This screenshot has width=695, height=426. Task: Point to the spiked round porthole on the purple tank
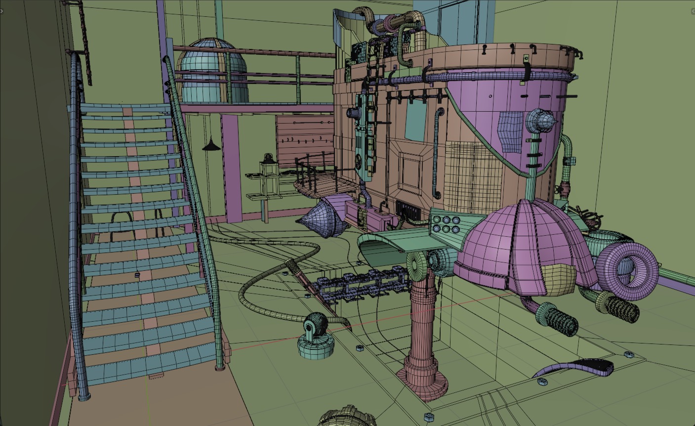(x=539, y=121)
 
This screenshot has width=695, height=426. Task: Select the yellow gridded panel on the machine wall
(x=470, y=170)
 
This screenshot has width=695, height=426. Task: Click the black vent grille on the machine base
(x=409, y=210)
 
